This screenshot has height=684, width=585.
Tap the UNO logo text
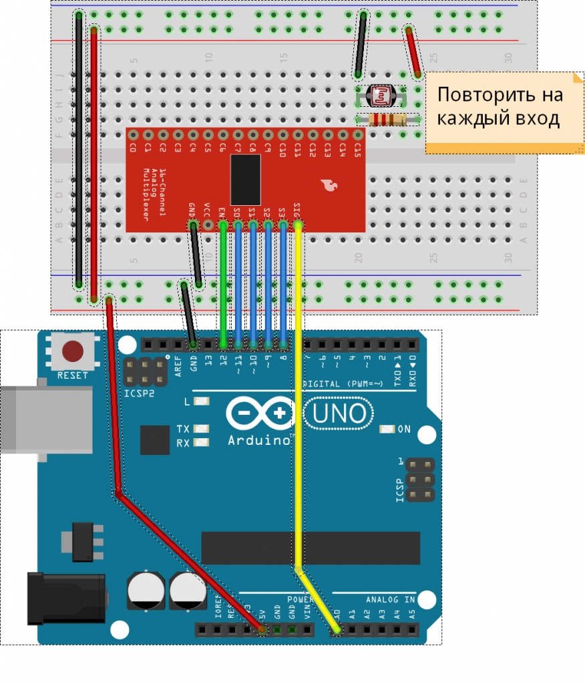tap(340, 414)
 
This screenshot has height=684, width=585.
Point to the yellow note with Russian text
tap(500, 111)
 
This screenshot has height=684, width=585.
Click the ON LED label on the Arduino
tap(404, 430)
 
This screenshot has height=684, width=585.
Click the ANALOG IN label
tap(390, 600)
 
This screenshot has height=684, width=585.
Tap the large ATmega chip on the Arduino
tap(311, 548)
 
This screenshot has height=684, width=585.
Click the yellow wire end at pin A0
tap(337, 629)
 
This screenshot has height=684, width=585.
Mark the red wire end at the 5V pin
tap(262, 629)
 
